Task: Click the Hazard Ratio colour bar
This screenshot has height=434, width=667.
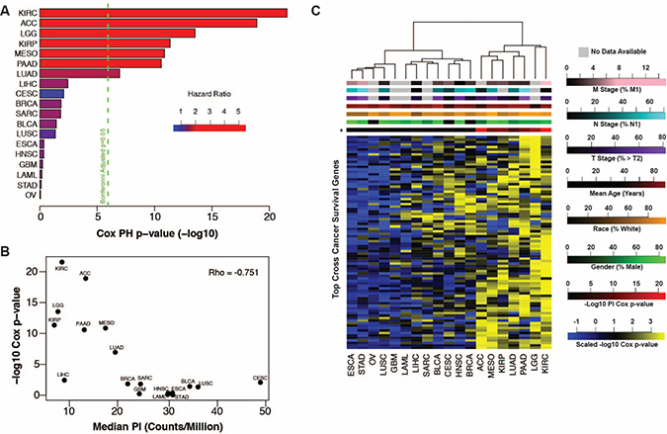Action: tap(208, 128)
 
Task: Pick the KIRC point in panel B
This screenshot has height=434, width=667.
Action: tap(62, 262)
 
